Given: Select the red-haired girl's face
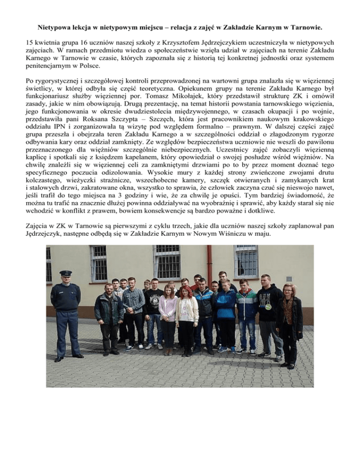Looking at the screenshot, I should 184,293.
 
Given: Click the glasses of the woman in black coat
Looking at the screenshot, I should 286,290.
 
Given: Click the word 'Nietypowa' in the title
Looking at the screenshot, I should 55,21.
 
